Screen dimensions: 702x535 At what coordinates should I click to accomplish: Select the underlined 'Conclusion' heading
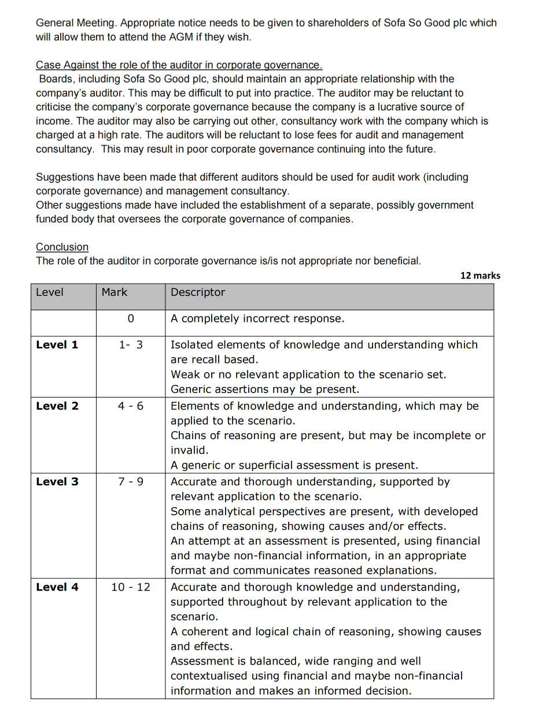point(62,247)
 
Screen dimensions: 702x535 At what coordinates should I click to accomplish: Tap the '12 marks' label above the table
point(480,276)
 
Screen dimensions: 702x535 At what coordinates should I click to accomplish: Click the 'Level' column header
point(50,292)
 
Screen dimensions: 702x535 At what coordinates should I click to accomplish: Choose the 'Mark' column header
point(114,292)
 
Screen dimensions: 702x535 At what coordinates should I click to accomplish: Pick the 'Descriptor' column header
point(198,292)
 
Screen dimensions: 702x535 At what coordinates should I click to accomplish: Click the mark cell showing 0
point(130,318)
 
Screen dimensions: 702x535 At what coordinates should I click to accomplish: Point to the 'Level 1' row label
point(57,345)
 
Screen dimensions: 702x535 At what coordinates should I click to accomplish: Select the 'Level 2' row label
point(57,406)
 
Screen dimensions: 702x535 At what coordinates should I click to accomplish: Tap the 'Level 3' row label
point(57,482)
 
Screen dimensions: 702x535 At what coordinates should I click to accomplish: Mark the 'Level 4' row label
point(57,588)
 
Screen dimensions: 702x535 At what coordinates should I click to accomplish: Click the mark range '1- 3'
point(131,345)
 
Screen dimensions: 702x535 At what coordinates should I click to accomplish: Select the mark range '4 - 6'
point(131,406)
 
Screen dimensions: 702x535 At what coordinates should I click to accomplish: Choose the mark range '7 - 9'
point(131,482)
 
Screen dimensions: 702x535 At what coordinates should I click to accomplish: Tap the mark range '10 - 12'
point(131,588)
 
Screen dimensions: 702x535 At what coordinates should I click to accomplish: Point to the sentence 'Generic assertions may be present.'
point(264,389)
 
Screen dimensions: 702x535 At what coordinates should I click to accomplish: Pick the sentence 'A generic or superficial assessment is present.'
point(294,465)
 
